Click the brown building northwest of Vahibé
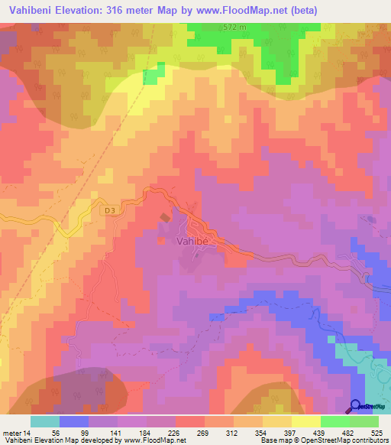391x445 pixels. (x=165, y=219)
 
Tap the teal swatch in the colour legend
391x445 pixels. (x=45, y=422)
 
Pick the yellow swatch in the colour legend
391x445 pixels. (x=306, y=422)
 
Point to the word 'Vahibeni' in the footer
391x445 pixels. (x=18, y=441)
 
